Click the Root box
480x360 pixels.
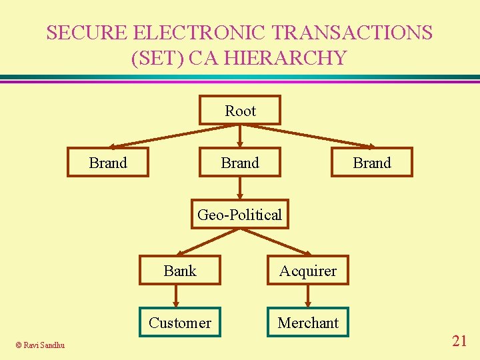pyautogui.click(x=240, y=111)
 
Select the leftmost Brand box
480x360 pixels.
pyautogui.click(x=108, y=163)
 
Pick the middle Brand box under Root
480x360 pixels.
pyautogui.click(x=240, y=163)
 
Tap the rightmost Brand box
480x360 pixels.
pyautogui.click(x=372, y=163)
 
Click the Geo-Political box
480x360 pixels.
pyautogui.click(x=240, y=215)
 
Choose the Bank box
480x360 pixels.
pyautogui.click(x=180, y=271)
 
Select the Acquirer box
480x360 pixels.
pyautogui.click(x=308, y=271)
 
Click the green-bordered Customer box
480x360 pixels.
pyautogui.click(x=180, y=323)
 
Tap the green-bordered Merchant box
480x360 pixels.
pyautogui.click(x=308, y=323)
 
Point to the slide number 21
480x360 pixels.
pyautogui.click(x=459, y=341)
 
